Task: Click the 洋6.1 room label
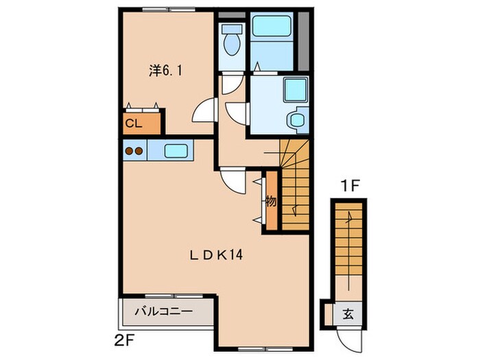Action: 166,71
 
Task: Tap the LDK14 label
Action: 216,254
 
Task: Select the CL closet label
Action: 134,123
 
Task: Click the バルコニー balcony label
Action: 164,311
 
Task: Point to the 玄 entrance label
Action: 348,314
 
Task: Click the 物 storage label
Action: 272,202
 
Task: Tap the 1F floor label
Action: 350,186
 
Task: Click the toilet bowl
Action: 232,45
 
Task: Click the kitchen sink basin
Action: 176,151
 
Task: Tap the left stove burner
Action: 130,151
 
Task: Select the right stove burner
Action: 139,151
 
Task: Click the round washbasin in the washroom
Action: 296,120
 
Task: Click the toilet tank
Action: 232,29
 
